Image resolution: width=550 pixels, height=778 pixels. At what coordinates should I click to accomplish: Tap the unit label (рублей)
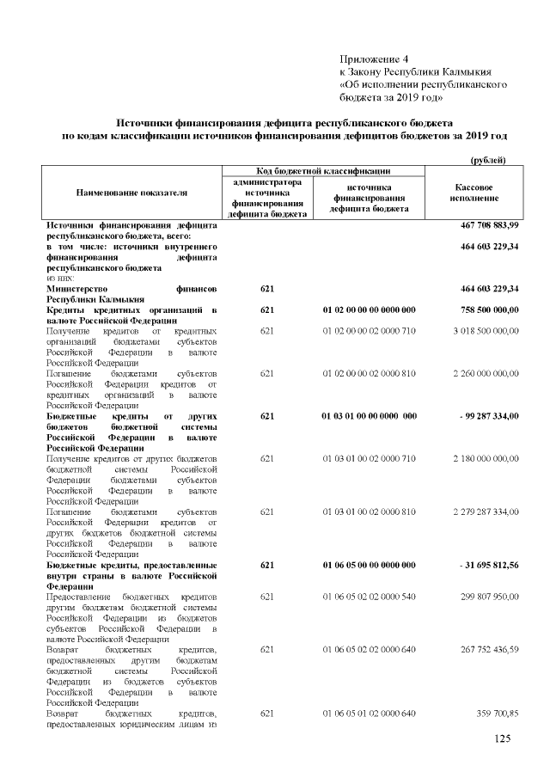point(487,161)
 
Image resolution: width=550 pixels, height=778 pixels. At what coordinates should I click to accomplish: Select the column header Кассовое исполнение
point(473,193)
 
